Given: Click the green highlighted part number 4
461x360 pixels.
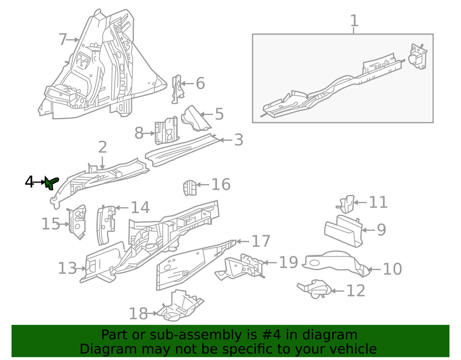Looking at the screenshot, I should [52, 183].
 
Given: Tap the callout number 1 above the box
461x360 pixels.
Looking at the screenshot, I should [354, 21].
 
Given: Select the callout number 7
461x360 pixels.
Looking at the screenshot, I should [63, 40].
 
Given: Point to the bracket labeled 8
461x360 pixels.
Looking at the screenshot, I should [166, 131].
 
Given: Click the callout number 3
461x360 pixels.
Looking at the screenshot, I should [238, 140].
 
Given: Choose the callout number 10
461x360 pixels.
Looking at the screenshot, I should [392, 269].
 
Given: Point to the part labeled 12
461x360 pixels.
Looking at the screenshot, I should [314, 289].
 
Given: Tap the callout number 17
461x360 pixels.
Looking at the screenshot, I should [261, 241].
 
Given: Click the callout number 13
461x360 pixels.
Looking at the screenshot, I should [67, 268].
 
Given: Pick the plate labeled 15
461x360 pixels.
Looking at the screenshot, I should [77, 222].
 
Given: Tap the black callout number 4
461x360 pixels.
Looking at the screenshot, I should [30, 182].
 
